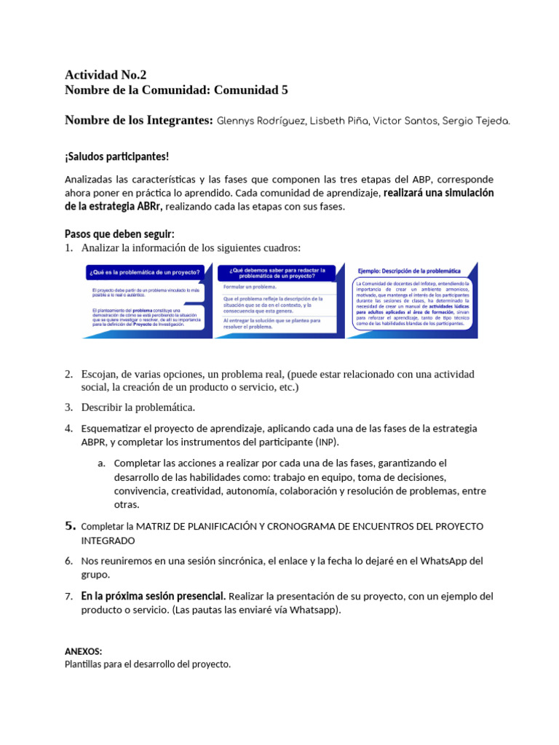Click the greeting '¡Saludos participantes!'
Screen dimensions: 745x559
pyautogui.click(x=116, y=156)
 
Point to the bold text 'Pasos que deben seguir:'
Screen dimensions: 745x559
pyautogui.click(x=119, y=234)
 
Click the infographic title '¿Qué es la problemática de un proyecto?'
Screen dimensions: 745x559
pyautogui.click(x=145, y=272)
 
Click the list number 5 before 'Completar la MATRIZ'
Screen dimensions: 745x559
pyautogui.click(x=70, y=525)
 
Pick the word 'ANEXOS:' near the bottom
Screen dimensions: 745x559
pyautogui.click(x=83, y=651)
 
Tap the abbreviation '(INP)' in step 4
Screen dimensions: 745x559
pyautogui.click(x=328, y=442)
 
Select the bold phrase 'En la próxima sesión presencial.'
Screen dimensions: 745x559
pyautogui.click(x=154, y=596)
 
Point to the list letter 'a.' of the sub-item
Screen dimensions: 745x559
pyautogui.click(x=101, y=463)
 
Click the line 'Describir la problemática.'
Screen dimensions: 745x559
pyautogui.click(x=138, y=407)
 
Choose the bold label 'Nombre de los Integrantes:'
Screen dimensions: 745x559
pyautogui.click(x=138, y=120)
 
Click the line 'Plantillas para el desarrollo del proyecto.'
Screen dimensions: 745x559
pyautogui.click(x=147, y=664)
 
